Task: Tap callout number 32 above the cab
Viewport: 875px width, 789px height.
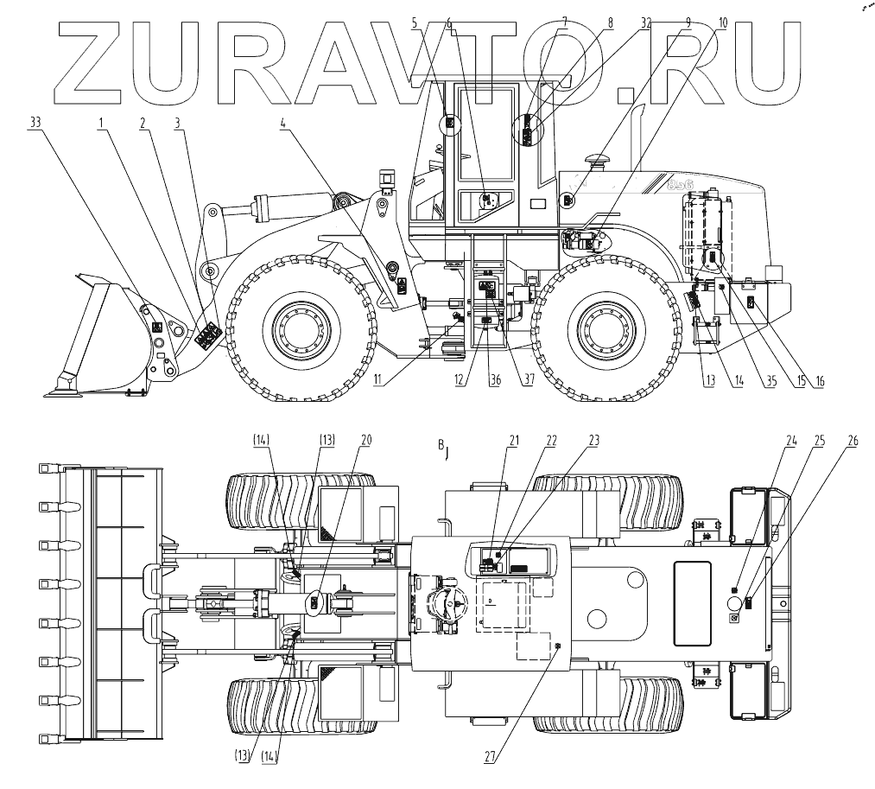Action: pyautogui.click(x=646, y=24)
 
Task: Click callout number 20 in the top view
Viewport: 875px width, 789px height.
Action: pyautogui.click(x=366, y=439)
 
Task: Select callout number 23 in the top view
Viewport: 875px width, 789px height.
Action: pyautogui.click(x=594, y=439)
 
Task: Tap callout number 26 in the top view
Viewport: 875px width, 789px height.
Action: pyautogui.click(x=853, y=439)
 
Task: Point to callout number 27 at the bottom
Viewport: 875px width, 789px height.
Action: pyautogui.click(x=490, y=758)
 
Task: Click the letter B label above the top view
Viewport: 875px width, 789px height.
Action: pyautogui.click(x=441, y=445)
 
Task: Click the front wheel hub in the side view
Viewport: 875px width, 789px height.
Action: pyautogui.click(x=299, y=328)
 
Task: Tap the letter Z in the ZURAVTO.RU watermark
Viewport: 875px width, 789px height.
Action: pyautogui.click(x=99, y=60)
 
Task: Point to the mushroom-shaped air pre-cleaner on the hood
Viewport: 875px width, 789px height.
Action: pyautogui.click(x=595, y=161)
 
